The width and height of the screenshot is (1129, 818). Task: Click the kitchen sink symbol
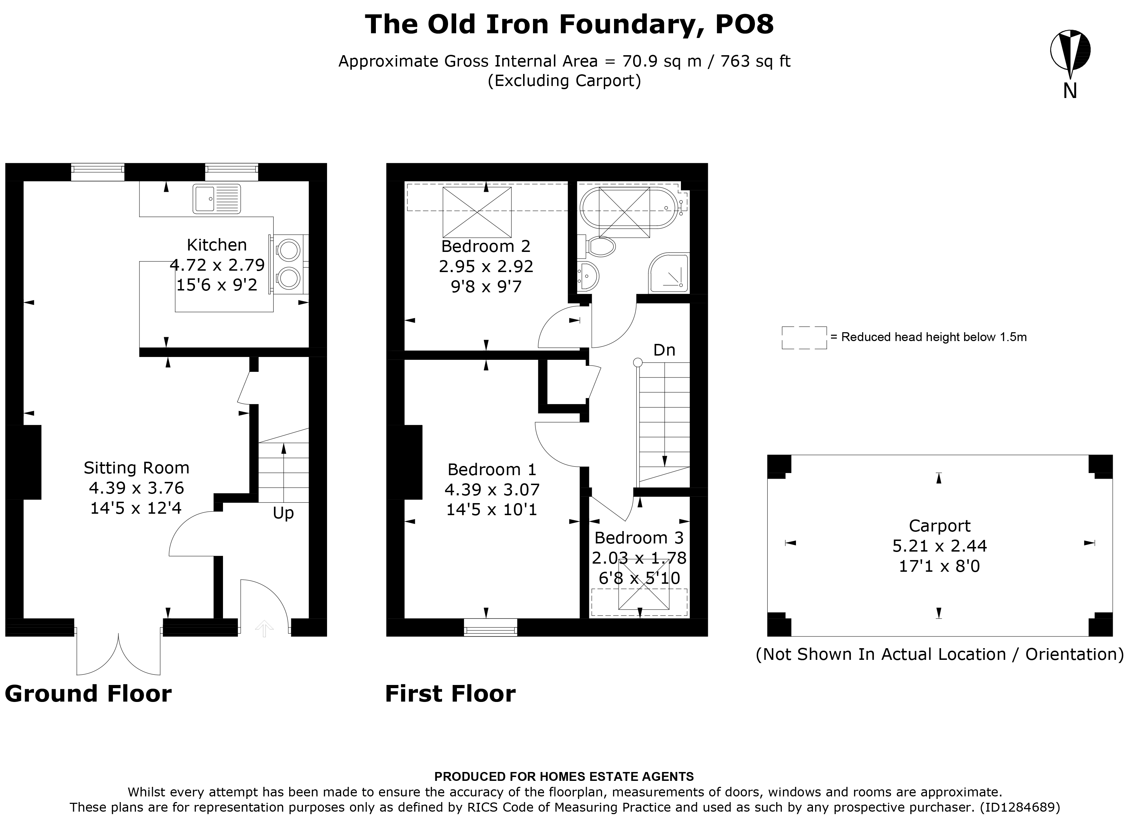point(217,199)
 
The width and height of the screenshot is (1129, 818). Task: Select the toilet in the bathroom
point(601,246)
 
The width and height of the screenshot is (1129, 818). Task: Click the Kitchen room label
point(217,245)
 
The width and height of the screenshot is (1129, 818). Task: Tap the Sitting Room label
point(136,468)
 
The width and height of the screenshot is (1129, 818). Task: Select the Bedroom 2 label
point(486,246)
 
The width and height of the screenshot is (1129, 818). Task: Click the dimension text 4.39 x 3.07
point(492,490)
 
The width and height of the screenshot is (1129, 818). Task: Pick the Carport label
point(939,526)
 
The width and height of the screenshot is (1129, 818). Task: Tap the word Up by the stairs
point(283,513)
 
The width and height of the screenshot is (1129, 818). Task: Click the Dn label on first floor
point(664,350)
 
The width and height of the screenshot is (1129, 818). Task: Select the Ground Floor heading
point(88,693)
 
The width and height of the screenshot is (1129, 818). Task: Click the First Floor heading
point(450,693)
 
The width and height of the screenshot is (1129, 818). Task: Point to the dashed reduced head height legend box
point(804,337)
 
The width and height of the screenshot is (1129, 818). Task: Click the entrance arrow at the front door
point(264,628)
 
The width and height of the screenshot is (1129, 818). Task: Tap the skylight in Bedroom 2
point(476,212)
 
